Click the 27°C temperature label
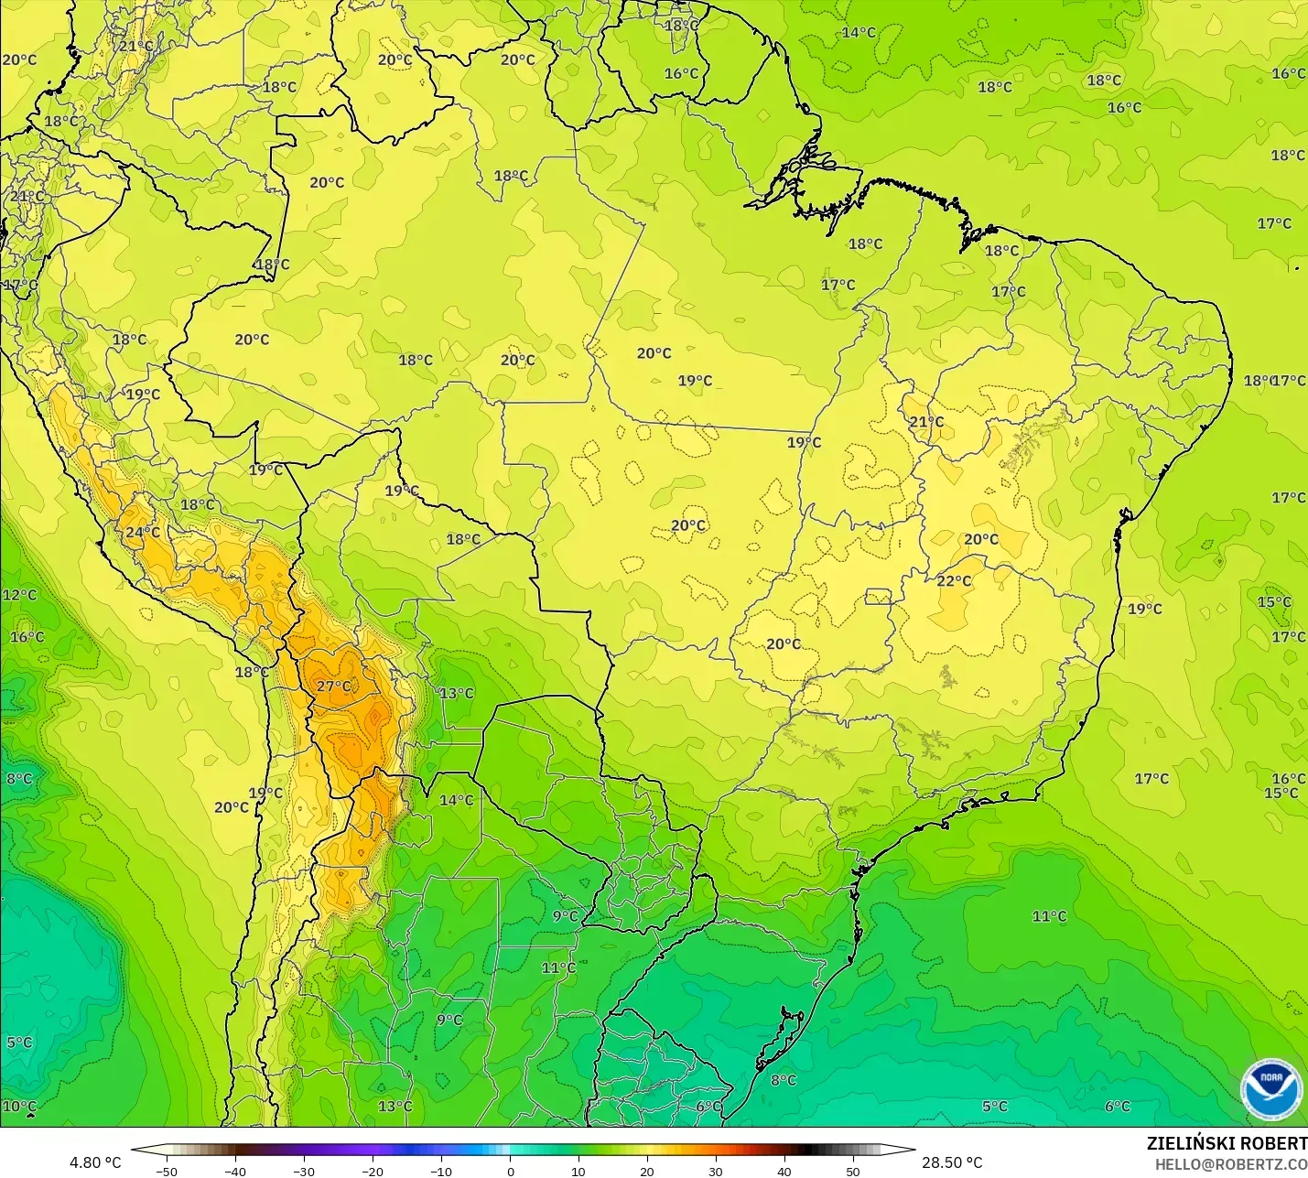[x=333, y=686]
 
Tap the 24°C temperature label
[x=142, y=533]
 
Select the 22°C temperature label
[x=954, y=581]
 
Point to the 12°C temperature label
[x=19, y=595]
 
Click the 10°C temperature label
[x=19, y=1107]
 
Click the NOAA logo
[x=1270, y=1089]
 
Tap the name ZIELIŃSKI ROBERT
[x=1227, y=1143]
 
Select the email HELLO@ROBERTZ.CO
[x=1230, y=1164]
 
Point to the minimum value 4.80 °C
[x=95, y=1162]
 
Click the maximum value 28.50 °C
[x=952, y=1162]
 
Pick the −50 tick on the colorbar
[x=167, y=1171]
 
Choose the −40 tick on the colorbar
[x=235, y=1171]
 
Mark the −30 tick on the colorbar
[x=304, y=1171]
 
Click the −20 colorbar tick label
[x=373, y=1171]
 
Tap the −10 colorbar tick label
[x=441, y=1171]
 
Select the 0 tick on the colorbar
[x=511, y=1171]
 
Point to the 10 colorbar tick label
[x=578, y=1171]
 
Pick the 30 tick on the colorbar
[x=716, y=1171]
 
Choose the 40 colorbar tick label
[x=784, y=1171]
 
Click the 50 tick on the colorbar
[x=853, y=1171]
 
